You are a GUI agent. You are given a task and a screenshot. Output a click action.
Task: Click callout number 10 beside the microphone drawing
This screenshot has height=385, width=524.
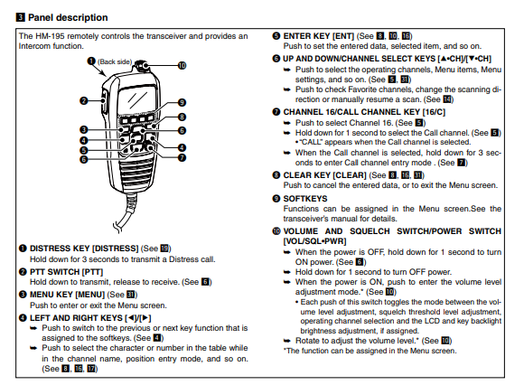coord(182,65)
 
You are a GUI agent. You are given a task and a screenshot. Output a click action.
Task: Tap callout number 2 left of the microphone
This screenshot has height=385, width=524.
coord(83,100)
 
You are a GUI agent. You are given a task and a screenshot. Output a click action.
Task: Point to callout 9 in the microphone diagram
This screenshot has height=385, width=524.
coord(182,102)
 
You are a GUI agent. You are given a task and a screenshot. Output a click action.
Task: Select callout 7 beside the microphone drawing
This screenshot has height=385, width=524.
coord(182,157)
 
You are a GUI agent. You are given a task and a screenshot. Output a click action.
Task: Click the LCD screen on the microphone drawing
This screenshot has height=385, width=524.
coord(137,99)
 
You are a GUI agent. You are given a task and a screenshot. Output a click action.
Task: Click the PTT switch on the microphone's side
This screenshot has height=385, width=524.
coord(103,100)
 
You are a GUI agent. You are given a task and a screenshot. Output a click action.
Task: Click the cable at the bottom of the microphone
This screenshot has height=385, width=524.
coord(127,211)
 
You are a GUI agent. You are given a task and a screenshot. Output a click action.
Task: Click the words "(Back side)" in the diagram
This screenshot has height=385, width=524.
coord(115,61)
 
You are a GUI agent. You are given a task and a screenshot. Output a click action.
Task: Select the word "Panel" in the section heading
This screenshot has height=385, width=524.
coord(41,17)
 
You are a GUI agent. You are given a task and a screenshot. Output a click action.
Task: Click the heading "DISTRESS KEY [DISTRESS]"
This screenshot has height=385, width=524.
coord(84,249)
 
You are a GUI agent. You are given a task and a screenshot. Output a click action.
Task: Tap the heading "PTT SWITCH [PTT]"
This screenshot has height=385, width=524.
coord(66,272)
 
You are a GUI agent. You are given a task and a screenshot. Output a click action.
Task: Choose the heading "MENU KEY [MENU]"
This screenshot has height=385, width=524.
coord(67,295)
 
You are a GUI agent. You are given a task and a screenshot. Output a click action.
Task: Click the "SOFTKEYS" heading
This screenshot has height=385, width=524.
coord(305,199)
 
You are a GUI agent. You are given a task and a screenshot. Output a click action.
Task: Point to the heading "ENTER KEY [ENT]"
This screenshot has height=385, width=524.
coord(319,36)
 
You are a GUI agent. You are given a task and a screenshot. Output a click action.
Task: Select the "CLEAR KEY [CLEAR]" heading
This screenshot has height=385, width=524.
coord(325,175)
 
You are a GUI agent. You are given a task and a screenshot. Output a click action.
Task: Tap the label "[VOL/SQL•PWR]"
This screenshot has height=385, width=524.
coord(314,241)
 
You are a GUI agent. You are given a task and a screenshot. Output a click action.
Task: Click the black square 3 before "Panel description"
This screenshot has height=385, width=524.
coord(21,17)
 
